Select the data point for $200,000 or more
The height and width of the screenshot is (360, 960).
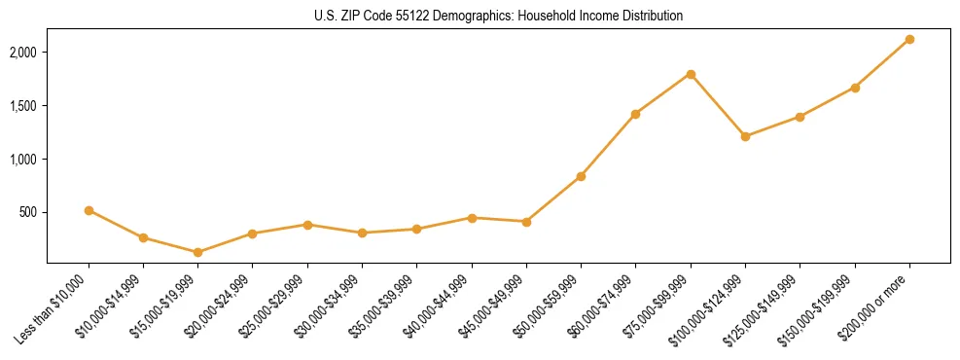[x=909, y=39]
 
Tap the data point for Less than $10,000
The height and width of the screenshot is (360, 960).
[x=89, y=210]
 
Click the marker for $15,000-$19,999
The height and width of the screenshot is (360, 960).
[x=198, y=252]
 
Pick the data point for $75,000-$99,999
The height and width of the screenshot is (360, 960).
[x=691, y=74]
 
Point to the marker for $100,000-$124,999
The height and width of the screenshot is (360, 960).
[x=745, y=136]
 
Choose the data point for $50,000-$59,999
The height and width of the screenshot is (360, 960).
[x=581, y=176]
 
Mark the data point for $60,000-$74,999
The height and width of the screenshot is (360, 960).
[x=635, y=114]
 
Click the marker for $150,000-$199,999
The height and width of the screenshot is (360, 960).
[x=855, y=88]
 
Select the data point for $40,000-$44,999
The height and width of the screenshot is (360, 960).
[x=472, y=218]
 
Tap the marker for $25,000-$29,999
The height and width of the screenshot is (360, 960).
[x=307, y=225]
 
